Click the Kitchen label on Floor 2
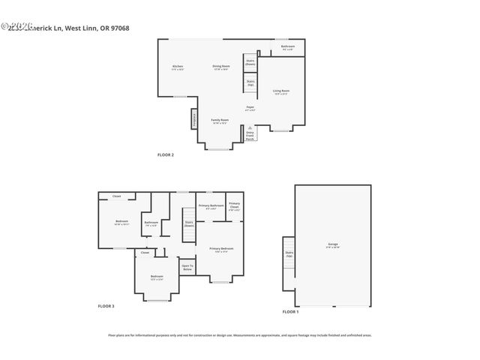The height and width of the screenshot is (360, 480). (x=178, y=67)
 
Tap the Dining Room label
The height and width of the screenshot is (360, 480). (x=220, y=67)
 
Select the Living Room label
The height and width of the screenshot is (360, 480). (x=281, y=91)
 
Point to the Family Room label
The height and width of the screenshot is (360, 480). (x=219, y=121)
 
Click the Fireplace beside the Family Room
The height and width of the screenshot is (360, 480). (x=193, y=118)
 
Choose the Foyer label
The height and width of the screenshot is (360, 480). (x=250, y=109)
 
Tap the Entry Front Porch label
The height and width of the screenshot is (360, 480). (x=250, y=136)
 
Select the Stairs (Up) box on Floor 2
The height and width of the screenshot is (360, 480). (x=250, y=82)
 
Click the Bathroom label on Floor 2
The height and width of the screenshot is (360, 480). (x=287, y=47)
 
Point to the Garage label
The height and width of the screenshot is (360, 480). (x=332, y=245)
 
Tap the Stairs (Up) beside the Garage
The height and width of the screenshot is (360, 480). (x=289, y=254)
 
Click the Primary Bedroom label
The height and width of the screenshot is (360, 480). (x=221, y=249)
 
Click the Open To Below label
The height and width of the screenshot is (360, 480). (x=187, y=267)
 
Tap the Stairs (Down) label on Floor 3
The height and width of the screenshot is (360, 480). (x=189, y=223)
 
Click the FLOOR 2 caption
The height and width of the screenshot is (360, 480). (x=165, y=154)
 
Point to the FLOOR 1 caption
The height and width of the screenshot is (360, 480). (x=290, y=311)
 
